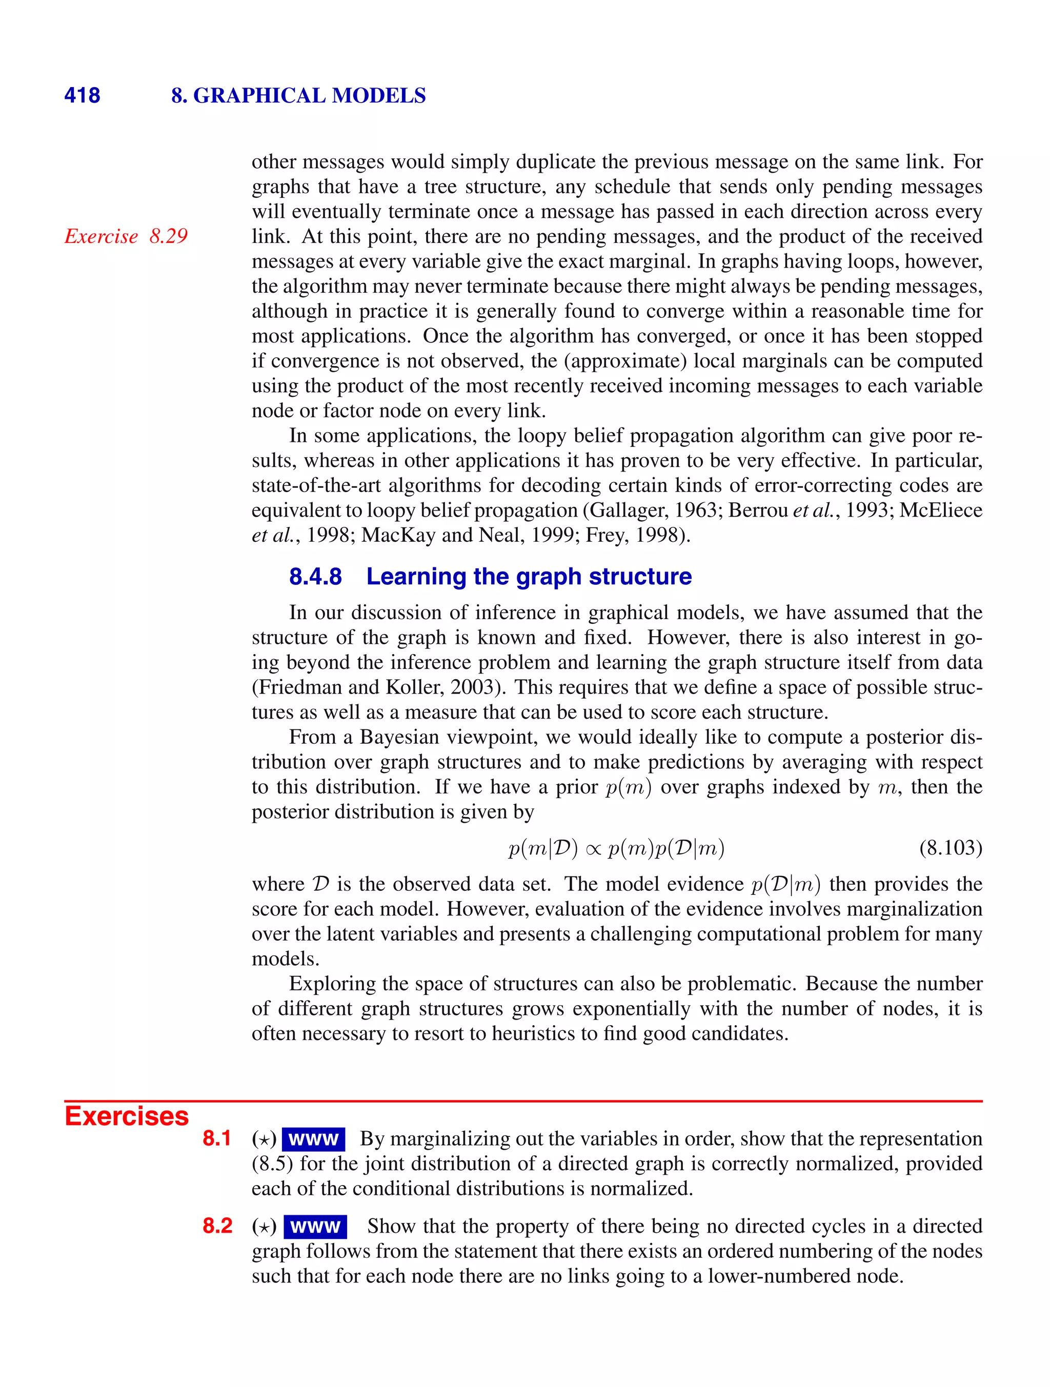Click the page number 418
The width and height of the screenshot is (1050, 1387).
[x=82, y=95]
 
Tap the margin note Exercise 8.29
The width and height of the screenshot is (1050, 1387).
[x=126, y=236]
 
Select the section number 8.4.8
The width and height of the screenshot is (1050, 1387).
[x=315, y=576]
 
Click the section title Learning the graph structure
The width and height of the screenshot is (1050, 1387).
[x=529, y=576]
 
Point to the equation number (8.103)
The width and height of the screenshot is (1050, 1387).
[x=950, y=848]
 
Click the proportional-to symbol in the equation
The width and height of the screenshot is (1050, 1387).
[x=593, y=850]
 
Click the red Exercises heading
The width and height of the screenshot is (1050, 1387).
[x=127, y=1117]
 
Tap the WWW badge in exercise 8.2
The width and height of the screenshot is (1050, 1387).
[x=315, y=1227]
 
